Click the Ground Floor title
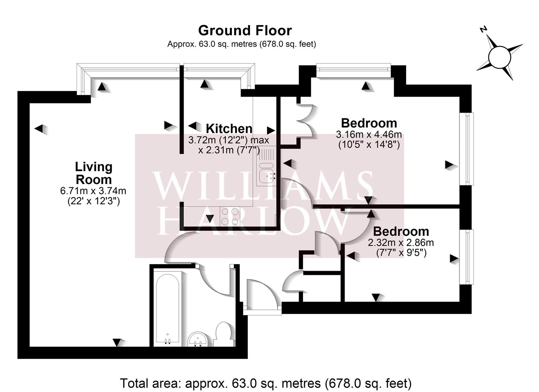[x=245, y=31]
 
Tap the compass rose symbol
[x=499, y=57]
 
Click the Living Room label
[x=93, y=173]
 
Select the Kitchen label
[x=229, y=128]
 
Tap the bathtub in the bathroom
[x=167, y=309]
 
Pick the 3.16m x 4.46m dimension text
[x=369, y=135]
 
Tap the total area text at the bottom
[x=266, y=383]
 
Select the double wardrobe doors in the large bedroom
[x=306, y=121]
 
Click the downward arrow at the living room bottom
[x=117, y=342]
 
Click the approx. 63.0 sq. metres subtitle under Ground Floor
[x=241, y=44]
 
